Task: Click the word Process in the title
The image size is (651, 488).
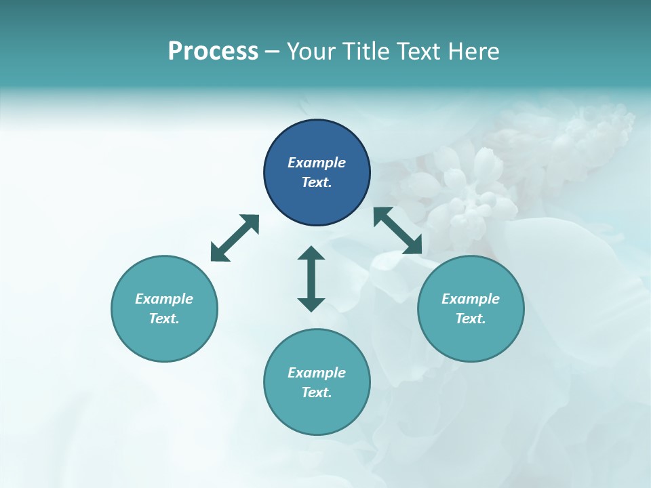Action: click(213, 52)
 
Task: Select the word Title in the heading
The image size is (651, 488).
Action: click(368, 52)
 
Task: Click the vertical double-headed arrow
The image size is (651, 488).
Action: click(311, 279)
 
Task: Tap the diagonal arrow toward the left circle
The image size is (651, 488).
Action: click(235, 238)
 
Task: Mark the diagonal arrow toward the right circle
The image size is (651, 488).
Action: click(398, 230)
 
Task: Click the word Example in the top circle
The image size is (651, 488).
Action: click(317, 163)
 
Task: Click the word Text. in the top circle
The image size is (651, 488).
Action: click(317, 182)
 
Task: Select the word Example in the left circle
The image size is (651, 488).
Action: click(164, 299)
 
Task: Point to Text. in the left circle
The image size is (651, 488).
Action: click(164, 319)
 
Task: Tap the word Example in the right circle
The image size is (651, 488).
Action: click(471, 299)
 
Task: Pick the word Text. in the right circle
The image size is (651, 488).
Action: click(471, 319)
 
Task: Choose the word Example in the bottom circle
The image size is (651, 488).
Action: click(317, 373)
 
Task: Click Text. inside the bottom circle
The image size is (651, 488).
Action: click(317, 392)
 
